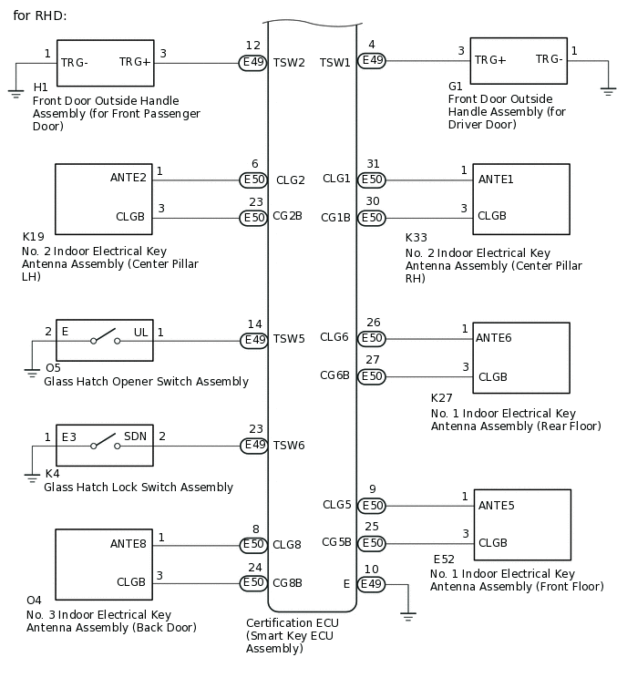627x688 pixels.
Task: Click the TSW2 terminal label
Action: tap(290, 63)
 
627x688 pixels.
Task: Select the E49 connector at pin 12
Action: tap(253, 63)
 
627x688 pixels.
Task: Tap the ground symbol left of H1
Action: tap(15, 92)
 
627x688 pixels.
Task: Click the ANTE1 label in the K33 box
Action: tap(496, 180)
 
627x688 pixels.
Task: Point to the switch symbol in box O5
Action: tap(105, 341)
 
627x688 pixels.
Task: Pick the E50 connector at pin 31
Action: tap(371, 180)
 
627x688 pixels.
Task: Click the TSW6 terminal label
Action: tap(290, 446)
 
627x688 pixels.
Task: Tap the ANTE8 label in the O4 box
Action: tap(128, 544)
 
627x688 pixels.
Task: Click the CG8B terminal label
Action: tap(288, 582)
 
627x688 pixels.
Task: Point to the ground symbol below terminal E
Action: tap(408, 616)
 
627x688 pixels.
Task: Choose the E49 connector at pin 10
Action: tap(371, 582)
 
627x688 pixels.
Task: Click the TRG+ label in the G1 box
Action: tap(490, 60)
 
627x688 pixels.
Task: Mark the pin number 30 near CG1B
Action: tap(373, 201)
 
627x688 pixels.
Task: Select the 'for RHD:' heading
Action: tap(40, 16)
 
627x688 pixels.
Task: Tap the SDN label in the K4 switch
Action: tap(136, 437)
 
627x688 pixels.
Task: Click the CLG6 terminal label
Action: tap(334, 337)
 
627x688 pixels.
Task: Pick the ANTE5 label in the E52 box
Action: tap(496, 505)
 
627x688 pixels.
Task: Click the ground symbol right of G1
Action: tap(608, 90)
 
